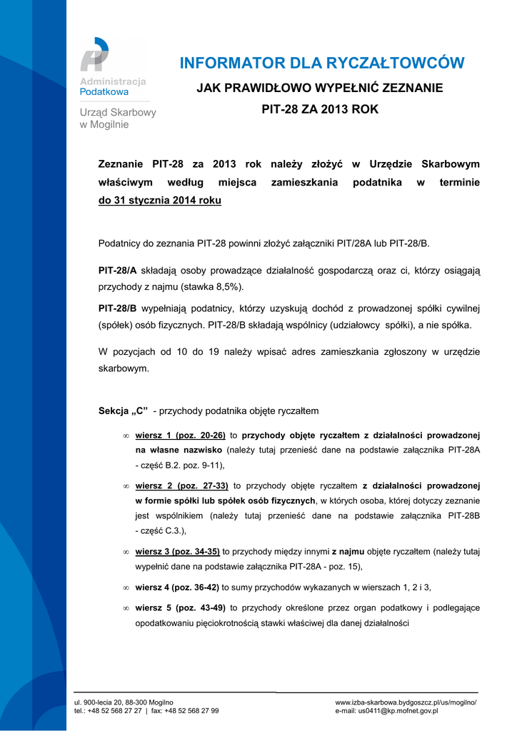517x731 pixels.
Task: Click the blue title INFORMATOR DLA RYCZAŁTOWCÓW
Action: pyautogui.click(x=321, y=64)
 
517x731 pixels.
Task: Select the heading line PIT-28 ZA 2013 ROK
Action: pyautogui.click(x=320, y=110)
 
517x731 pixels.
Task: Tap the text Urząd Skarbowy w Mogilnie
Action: pyautogui.click(x=117, y=119)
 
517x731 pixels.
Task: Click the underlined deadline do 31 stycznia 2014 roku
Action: pyautogui.click(x=159, y=201)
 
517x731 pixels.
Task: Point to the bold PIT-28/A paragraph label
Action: pyautogui.click(x=116, y=271)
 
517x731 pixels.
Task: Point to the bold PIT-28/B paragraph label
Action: pyautogui.click(x=116, y=309)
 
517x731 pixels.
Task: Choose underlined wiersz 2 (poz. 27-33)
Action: pyautogui.click(x=181, y=485)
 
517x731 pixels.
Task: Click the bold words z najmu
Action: pyautogui.click(x=348, y=552)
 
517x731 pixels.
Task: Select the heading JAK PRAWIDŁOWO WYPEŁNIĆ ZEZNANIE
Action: pyautogui.click(x=320, y=88)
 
